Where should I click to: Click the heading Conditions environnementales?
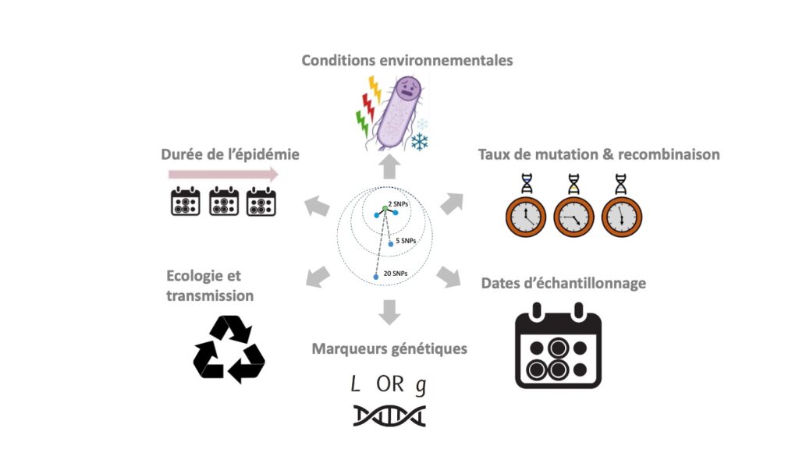(x=407, y=60)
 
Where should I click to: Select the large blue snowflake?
(x=419, y=142)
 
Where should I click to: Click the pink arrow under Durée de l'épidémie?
(x=223, y=175)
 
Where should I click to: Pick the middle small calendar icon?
(x=224, y=201)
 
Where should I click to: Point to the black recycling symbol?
(x=229, y=349)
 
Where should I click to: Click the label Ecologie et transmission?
(x=209, y=285)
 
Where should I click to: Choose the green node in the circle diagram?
(x=385, y=209)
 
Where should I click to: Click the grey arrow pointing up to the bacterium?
(x=390, y=168)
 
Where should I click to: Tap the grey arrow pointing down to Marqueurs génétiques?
(x=389, y=313)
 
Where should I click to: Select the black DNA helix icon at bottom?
(x=389, y=415)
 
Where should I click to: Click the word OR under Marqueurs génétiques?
(x=389, y=384)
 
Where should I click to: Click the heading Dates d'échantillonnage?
(x=563, y=283)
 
